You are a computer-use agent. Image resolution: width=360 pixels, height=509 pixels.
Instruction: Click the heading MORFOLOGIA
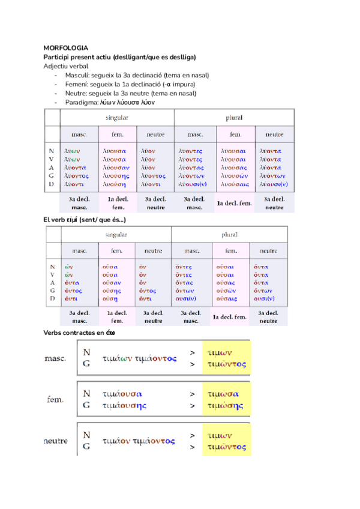click(x=66, y=48)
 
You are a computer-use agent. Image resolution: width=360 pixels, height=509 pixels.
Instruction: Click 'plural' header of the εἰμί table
click(x=229, y=234)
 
